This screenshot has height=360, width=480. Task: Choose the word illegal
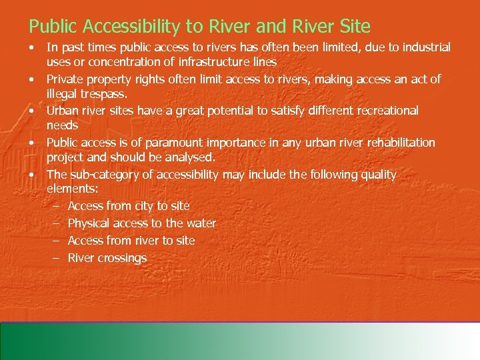(62, 94)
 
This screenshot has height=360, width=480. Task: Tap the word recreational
(383, 111)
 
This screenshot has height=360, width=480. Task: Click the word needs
(62, 125)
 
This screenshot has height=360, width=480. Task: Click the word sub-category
(103, 175)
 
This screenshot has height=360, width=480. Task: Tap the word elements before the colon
(71, 189)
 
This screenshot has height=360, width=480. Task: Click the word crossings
(123, 258)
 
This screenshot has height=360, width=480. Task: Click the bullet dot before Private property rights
(32, 79)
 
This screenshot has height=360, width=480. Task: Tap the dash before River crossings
(56, 258)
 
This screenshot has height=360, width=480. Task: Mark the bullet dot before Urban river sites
(32, 111)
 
